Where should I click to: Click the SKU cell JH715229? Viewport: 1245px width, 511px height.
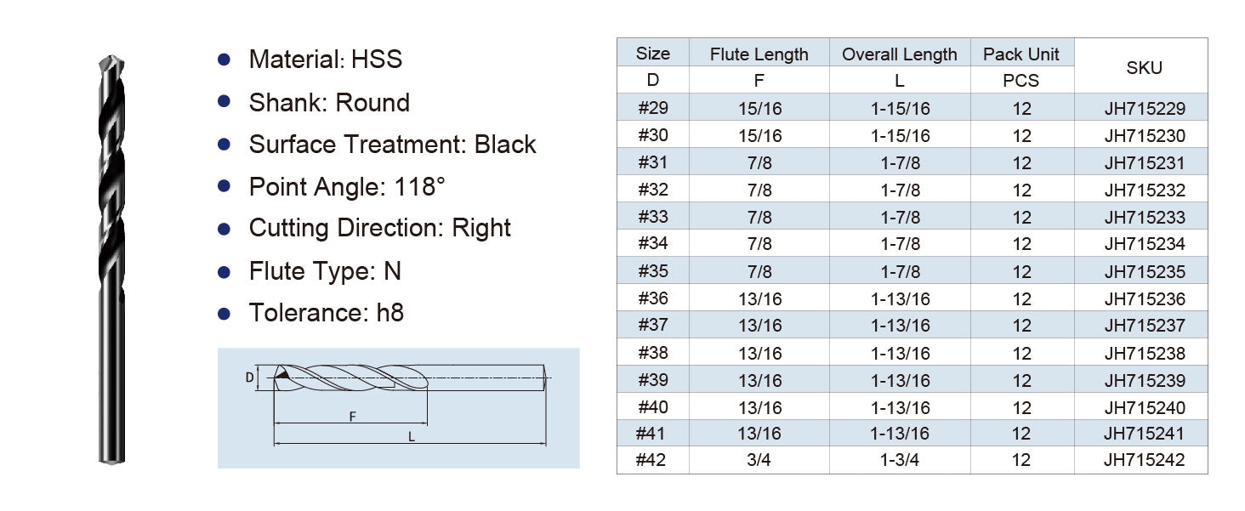1145,108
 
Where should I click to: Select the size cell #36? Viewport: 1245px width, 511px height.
653,298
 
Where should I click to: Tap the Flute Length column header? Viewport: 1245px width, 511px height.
759,54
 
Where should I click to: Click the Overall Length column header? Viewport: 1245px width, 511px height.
899,54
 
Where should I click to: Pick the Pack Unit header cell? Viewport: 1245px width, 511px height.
1021,54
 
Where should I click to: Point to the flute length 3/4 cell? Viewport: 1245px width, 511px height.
759,460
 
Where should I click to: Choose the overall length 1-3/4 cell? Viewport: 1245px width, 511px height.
899,460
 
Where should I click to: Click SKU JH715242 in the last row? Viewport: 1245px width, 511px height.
1144,460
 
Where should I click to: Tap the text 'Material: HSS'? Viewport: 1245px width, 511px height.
325,60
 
